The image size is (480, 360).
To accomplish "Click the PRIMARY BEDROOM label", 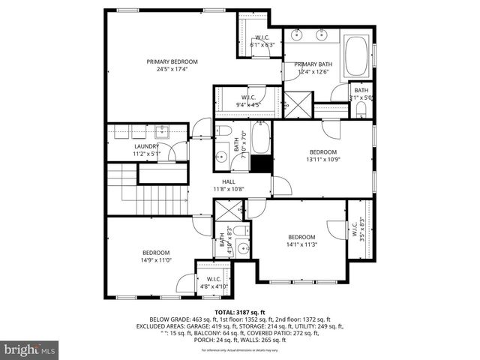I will [172, 61].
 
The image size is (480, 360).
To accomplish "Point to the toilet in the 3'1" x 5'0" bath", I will [361, 113].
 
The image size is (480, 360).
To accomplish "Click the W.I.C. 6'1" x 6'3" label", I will [262, 41].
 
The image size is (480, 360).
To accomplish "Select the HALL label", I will [229, 181].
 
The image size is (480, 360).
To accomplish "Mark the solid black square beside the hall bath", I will [260, 164].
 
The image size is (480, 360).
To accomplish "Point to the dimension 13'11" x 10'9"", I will [323, 159].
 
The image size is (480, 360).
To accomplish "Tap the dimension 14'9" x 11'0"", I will [156, 259].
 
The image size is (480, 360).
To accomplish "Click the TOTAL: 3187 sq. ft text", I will [240, 311].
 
